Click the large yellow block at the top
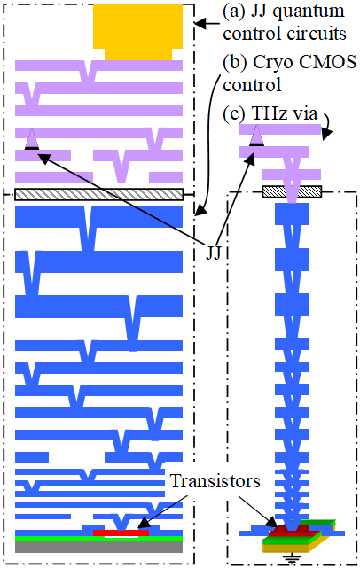coord(137,31)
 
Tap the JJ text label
coord(213,253)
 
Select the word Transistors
coord(215,481)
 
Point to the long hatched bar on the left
coord(99,194)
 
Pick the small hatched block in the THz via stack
coord(292,191)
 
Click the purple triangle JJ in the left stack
coord(32,139)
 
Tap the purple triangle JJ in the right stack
coord(256,135)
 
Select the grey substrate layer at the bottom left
coord(98,547)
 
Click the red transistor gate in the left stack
coord(121,533)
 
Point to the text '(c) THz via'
coord(270,113)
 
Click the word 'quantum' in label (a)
coord(309,12)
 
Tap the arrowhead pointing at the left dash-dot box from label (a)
coord(200,24)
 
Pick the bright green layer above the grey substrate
coord(98,539)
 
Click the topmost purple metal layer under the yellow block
coord(98,66)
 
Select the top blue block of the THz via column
coord(292,214)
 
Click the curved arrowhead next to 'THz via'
coord(327,133)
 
